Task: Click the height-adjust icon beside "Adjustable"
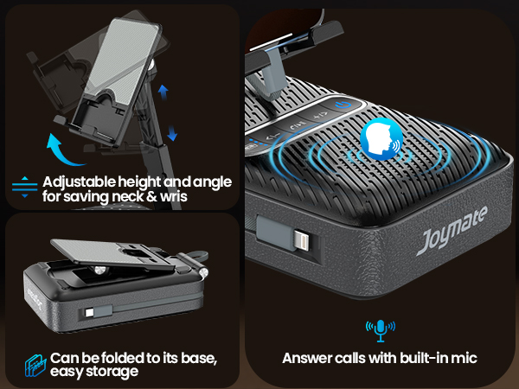[24, 188]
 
